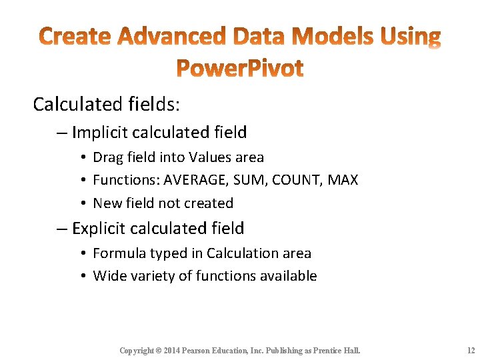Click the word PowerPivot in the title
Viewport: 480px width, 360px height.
(x=239, y=67)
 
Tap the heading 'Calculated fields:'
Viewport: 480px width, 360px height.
(x=107, y=104)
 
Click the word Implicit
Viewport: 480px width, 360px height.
(x=101, y=133)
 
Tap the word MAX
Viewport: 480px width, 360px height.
(x=343, y=180)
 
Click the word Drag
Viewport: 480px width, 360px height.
(x=107, y=157)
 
